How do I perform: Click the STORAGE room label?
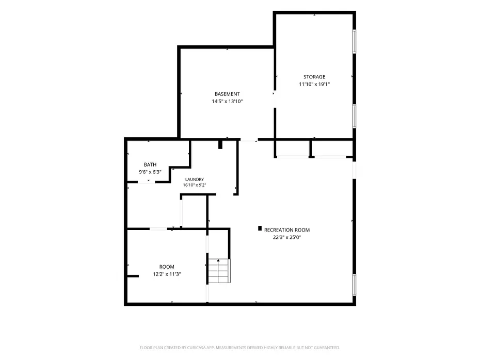click(314, 77)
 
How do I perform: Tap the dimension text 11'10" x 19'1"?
click(314, 84)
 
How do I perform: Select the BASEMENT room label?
click(227, 94)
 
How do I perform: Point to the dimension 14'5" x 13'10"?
click(227, 101)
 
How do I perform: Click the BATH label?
click(150, 165)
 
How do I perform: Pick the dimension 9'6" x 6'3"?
click(150, 172)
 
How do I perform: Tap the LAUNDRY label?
click(195, 179)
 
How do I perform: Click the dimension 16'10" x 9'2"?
click(195, 185)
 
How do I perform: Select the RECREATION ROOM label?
click(287, 230)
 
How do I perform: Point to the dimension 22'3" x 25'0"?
click(287, 237)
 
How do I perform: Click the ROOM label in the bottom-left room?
click(167, 267)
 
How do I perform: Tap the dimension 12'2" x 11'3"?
click(167, 274)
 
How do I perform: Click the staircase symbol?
click(219, 271)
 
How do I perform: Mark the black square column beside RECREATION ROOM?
click(260, 228)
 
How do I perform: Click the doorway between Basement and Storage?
click(275, 99)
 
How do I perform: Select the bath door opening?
click(147, 182)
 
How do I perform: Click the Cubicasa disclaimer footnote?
click(239, 348)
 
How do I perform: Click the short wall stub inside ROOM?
click(133, 276)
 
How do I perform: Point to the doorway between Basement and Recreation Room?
click(249, 140)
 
